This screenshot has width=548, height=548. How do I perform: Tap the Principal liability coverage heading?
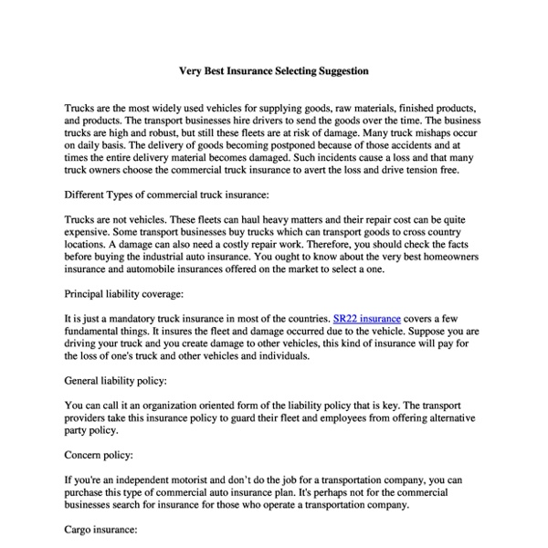click(x=124, y=294)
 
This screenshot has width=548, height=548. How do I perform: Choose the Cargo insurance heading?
click(x=101, y=529)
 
